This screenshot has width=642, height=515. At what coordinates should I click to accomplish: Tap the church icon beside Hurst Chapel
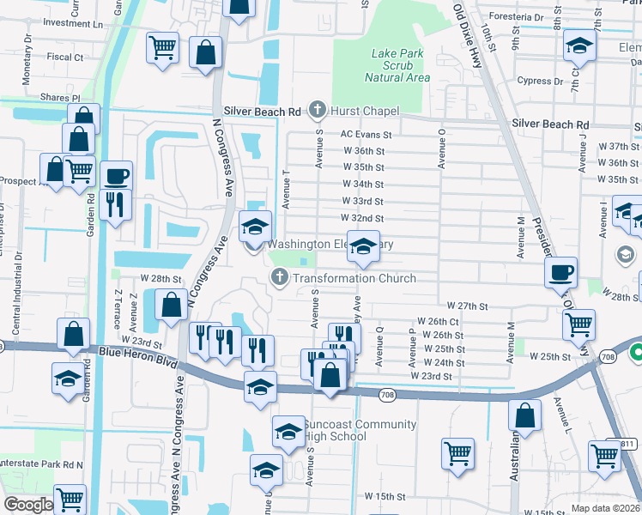[318, 110]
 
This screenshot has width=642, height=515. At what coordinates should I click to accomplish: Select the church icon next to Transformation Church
[279, 277]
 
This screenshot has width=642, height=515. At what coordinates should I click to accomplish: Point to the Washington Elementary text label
[330, 245]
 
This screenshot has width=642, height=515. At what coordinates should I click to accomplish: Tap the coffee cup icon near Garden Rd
[117, 177]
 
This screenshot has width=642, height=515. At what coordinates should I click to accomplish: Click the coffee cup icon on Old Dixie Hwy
[560, 272]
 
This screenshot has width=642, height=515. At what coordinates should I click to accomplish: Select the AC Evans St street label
[366, 135]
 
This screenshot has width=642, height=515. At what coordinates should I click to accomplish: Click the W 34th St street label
[363, 185]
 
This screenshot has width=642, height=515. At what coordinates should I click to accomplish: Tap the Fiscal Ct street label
[65, 58]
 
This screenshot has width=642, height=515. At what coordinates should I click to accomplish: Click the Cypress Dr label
[541, 82]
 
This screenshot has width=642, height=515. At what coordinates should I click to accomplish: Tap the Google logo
[27, 505]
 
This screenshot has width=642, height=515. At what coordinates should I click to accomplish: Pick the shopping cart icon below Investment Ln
[161, 48]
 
